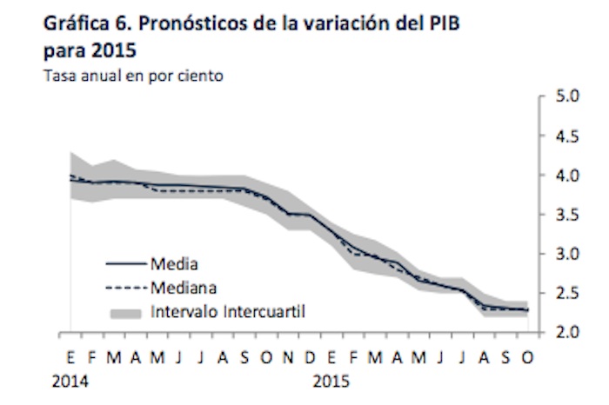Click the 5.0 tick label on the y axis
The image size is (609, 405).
tap(567, 96)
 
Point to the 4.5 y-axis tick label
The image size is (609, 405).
tap(567, 136)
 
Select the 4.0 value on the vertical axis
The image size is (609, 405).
tap(567, 176)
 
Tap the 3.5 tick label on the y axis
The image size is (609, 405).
tap(567, 215)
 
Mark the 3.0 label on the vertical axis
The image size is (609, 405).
tap(567, 254)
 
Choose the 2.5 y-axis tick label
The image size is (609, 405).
tap(567, 294)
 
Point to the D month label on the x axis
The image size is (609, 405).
tap(311, 358)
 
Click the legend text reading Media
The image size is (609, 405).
tap(174, 262)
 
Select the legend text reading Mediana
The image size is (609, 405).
tap(184, 285)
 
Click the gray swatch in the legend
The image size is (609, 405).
tap(124, 309)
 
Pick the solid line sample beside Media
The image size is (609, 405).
tap(124, 262)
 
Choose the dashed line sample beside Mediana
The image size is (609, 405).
tap(124, 286)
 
